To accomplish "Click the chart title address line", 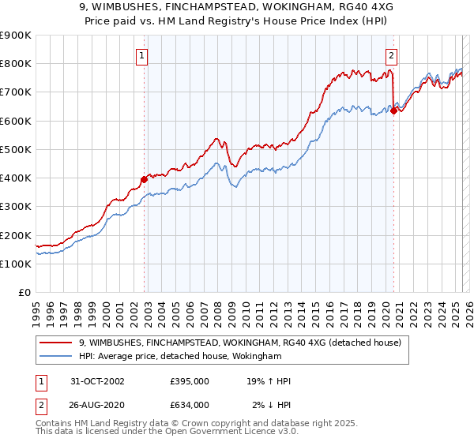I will (236, 6).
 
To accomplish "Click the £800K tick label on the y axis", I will (16, 64).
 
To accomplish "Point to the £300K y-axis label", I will (16, 207).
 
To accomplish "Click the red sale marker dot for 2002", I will (145, 179).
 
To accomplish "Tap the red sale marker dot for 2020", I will (393, 110).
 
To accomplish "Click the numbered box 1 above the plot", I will (141, 55).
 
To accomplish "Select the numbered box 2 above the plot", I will (391, 55).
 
